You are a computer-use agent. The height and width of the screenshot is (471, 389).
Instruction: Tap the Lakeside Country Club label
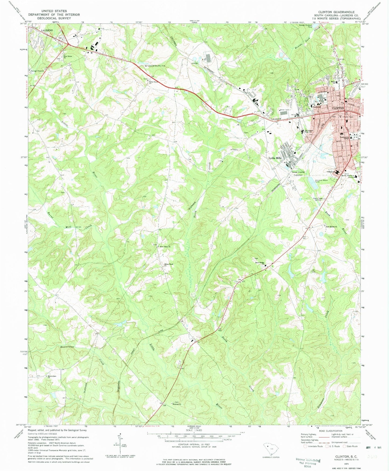[156, 66]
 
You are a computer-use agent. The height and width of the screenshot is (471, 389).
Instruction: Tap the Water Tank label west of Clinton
[284, 110]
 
